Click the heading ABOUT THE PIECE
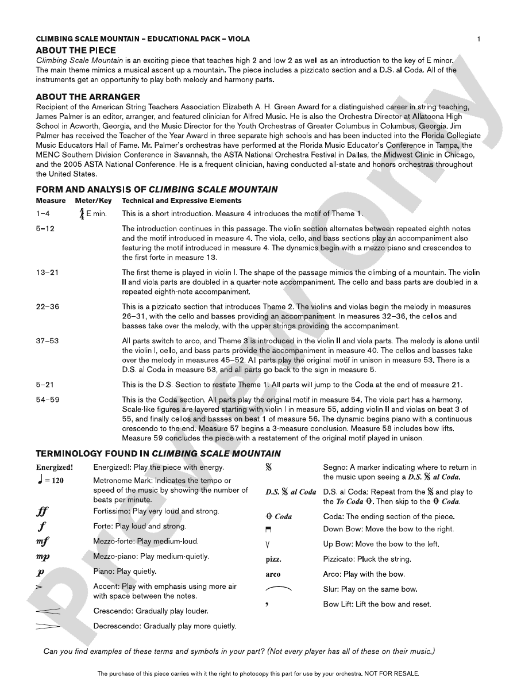[76, 51]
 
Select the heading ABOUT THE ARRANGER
[88, 97]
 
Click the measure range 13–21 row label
[47, 272]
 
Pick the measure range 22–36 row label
[47, 306]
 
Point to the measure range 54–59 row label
[47, 399]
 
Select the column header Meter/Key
[93, 201]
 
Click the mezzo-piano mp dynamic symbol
[43, 557]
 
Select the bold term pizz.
[273, 559]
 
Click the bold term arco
[273, 574]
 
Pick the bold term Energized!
[55, 467]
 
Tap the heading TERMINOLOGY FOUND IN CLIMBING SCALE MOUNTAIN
[159, 454]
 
